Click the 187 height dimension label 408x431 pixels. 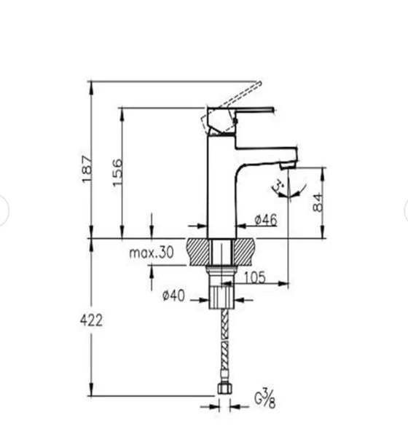pos(87,168)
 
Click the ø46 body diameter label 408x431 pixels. pos(265,220)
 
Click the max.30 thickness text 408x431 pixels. pos(152,253)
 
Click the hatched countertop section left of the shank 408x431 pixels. pos(198,251)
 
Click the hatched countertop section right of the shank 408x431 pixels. pos(245,251)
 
